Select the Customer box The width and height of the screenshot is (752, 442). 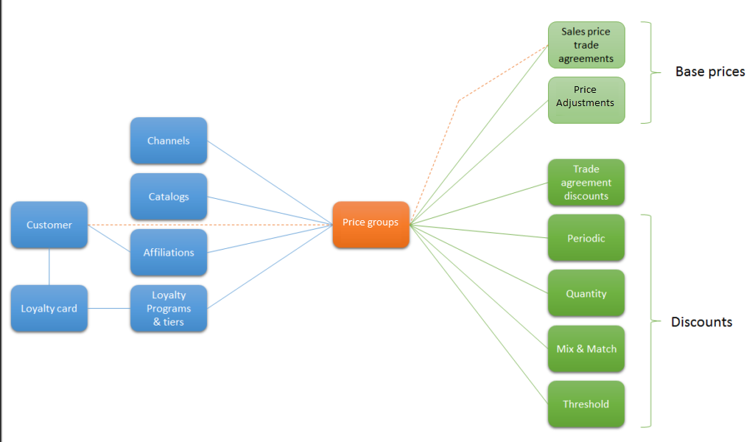(49, 225)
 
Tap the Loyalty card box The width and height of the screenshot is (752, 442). (49, 308)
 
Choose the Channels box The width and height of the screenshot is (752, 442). (169, 141)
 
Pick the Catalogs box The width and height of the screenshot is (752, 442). (169, 197)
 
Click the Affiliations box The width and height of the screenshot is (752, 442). (169, 252)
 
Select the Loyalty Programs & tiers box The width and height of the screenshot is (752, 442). (169, 308)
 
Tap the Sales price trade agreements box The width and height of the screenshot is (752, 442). (586, 45)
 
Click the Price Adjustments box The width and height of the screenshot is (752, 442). (586, 99)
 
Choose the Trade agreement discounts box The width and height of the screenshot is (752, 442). (586, 183)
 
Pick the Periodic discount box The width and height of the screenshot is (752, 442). (586, 238)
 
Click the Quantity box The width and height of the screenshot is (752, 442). (586, 293)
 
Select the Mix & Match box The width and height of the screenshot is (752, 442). (586, 348)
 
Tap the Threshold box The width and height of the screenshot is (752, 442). (586, 404)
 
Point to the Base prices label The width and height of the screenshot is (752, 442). (710, 71)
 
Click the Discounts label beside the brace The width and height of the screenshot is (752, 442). (701, 322)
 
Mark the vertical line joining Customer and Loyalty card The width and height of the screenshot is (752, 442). (49, 266)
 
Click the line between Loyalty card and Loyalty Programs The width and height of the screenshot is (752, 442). (109, 308)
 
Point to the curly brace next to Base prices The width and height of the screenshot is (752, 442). (650, 72)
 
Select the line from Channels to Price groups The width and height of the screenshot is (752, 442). (269, 182)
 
